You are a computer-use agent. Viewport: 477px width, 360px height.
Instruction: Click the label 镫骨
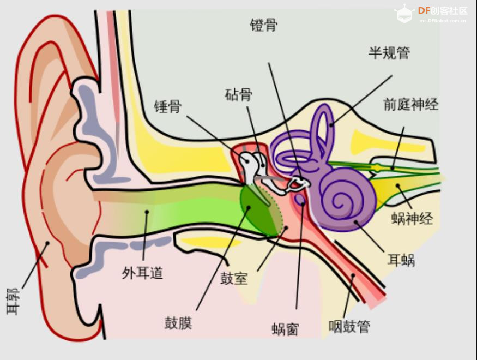click(x=264, y=25)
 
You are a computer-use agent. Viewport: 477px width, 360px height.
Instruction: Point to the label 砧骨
click(x=239, y=94)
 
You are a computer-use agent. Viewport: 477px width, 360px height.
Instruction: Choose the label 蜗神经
click(x=412, y=219)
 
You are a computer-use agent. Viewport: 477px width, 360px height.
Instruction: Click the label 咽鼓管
click(x=349, y=326)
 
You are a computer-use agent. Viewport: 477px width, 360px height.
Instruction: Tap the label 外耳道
click(x=143, y=273)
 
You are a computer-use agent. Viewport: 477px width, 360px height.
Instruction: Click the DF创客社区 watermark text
click(x=442, y=11)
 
